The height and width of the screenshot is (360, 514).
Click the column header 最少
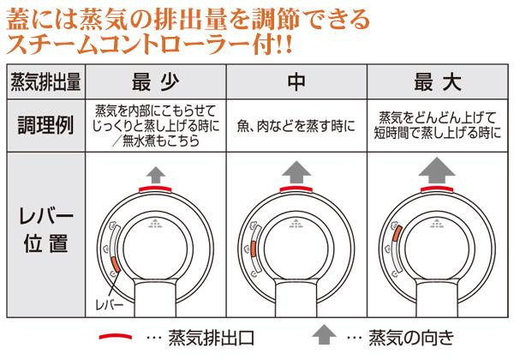click(155, 82)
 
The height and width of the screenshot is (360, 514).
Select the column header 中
click(296, 82)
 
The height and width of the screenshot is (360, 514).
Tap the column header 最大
click(437, 82)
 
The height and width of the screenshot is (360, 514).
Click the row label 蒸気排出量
click(45, 81)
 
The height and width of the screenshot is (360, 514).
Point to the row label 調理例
click(45, 125)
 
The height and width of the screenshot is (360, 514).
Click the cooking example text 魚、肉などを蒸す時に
click(296, 126)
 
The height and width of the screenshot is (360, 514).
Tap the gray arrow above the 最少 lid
click(156, 175)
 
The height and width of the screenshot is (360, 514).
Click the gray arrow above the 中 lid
click(296, 172)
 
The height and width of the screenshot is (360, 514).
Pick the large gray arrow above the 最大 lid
click(437, 171)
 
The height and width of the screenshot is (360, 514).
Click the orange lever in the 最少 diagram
click(116, 264)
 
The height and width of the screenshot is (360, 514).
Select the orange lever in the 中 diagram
click(254, 249)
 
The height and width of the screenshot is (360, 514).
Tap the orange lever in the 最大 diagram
click(397, 233)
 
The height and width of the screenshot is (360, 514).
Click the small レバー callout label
click(110, 305)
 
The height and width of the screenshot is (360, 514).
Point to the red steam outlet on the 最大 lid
click(437, 189)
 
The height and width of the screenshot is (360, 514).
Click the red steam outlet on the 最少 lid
click(155, 189)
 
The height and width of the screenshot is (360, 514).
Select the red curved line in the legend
click(116, 336)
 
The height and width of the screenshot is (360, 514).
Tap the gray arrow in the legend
click(324, 334)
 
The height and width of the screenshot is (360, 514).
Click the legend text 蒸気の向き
click(411, 338)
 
